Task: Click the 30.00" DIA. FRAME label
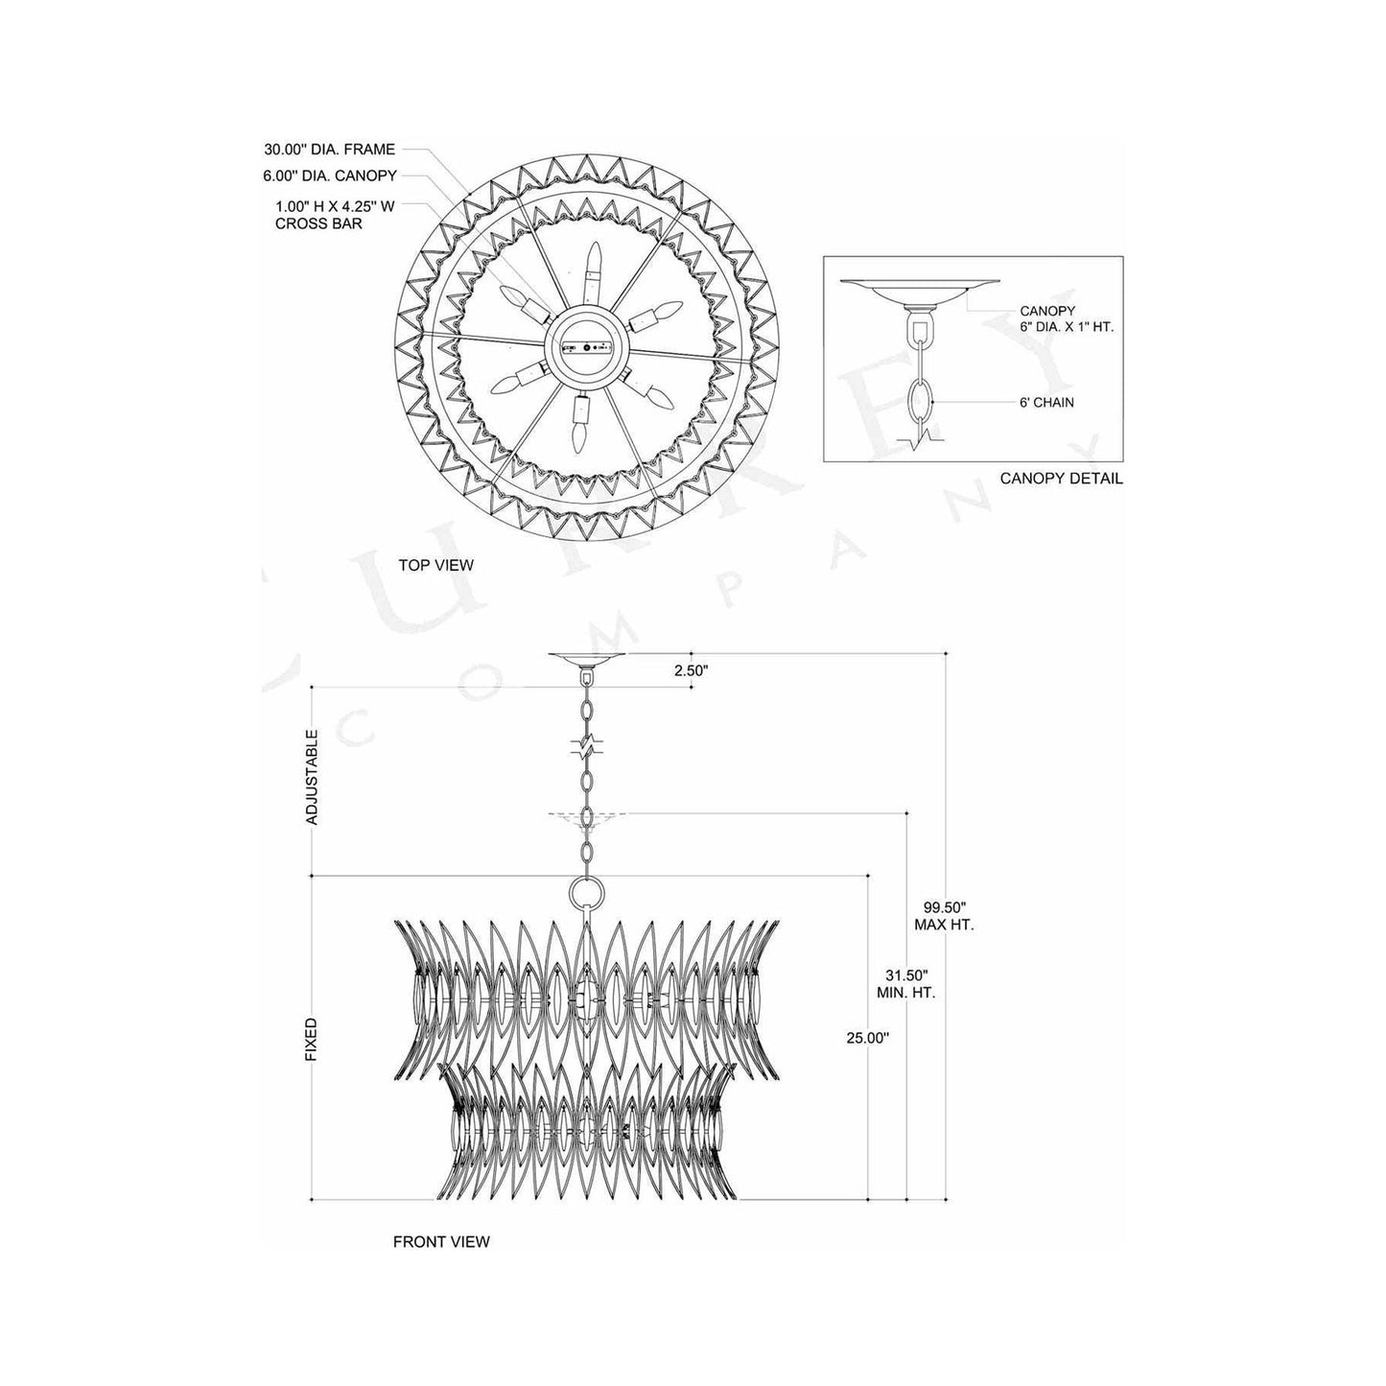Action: (329, 150)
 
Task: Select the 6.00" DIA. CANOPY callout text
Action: (330, 176)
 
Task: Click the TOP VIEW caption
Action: (435, 565)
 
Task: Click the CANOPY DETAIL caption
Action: (1061, 478)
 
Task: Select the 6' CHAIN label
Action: (1047, 402)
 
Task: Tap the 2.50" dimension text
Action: (690, 671)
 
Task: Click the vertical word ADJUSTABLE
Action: (311, 777)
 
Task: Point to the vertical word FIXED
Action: (311, 1038)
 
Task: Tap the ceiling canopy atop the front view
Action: (586, 658)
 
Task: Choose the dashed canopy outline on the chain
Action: (586, 815)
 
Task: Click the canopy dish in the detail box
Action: (921, 287)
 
